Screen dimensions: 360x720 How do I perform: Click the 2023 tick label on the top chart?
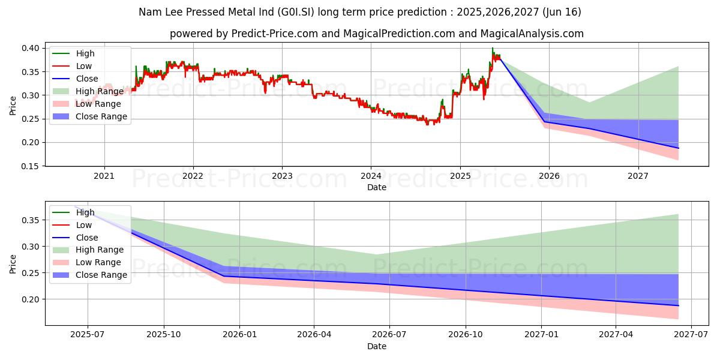(282, 176)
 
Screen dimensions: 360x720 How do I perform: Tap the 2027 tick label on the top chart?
(638, 176)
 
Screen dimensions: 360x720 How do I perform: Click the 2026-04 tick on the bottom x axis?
(314, 335)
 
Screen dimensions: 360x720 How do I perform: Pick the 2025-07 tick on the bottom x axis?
(88, 335)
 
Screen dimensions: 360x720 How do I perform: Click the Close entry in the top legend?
(87, 79)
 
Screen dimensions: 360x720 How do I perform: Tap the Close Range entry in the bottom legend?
(101, 275)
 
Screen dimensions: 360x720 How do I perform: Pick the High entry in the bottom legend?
(85, 212)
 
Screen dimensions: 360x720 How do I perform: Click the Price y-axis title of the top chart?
(13, 106)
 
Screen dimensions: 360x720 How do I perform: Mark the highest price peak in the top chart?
(493, 48)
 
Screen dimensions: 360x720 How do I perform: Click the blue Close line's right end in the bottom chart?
(678, 306)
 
